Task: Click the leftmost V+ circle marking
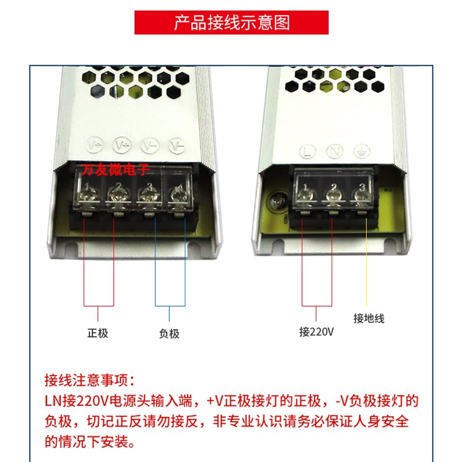click(x=94, y=144)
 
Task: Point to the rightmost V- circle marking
click(x=176, y=144)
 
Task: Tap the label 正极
click(x=98, y=333)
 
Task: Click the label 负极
click(x=169, y=333)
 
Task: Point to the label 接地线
click(x=368, y=318)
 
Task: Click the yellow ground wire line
click(x=366, y=260)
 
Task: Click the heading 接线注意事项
click(x=90, y=381)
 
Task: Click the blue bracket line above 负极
click(x=170, y=305)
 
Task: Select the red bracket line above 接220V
click(x=317, y=305)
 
